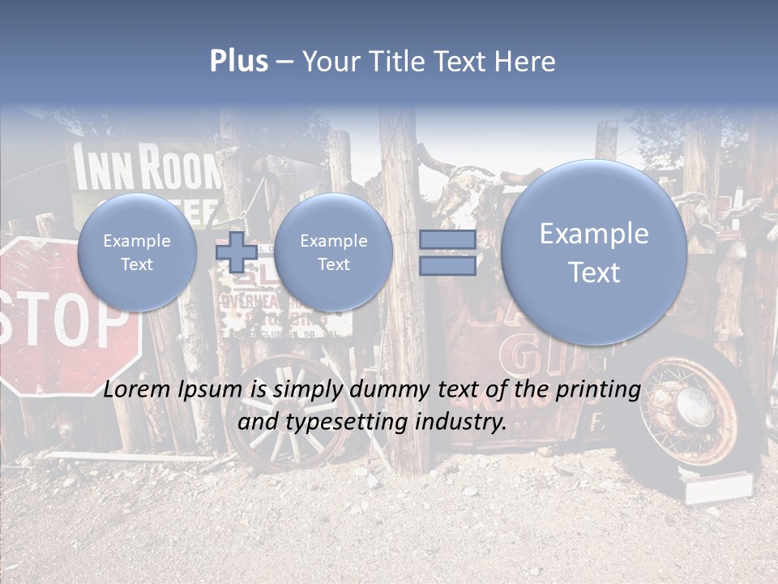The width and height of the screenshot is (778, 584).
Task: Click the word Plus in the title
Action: click(x=238, y=62)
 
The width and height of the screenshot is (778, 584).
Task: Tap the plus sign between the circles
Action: click(x=236, y=252)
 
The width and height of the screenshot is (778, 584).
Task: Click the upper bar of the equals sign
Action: click(x=447, y=240)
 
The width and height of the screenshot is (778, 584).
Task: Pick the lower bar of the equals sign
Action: click(x=447, y=266)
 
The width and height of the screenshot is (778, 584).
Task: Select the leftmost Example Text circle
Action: click(x=137, y=252)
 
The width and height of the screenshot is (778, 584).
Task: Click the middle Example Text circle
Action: click(x=333, y=252)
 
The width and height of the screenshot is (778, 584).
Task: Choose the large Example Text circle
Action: click(x=594, y=252)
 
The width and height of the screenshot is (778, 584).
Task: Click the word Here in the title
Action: click(x=527, y=62)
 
